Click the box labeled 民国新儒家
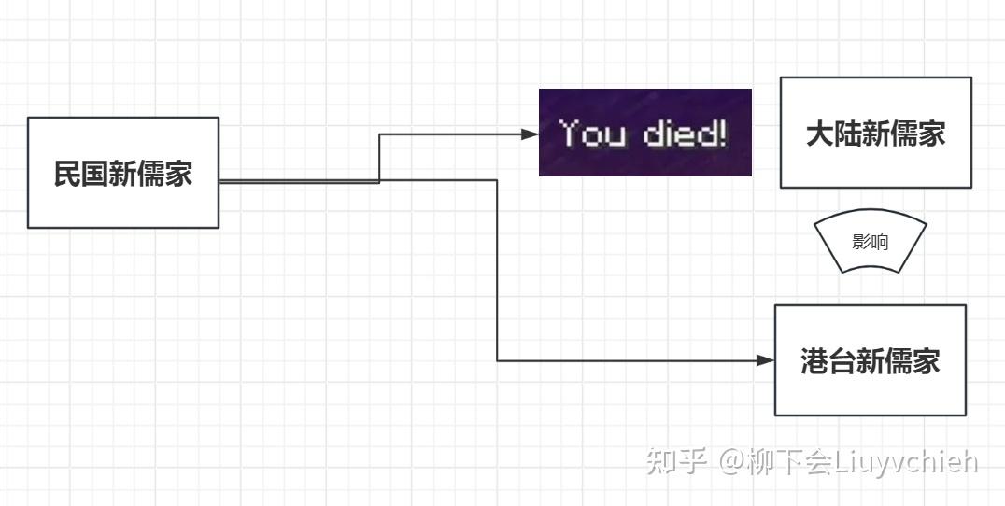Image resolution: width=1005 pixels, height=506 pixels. click(x=122, y=172)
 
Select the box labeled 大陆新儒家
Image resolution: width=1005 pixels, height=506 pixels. click(x=875, y=132)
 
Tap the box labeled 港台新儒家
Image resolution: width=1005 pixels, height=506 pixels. click(x=870, y=360)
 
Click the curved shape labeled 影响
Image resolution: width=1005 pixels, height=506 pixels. click(x=870, y=243)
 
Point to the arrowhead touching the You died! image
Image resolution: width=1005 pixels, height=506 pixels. click(x=530, y=134)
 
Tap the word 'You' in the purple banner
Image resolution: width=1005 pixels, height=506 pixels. click(x=592, y=134)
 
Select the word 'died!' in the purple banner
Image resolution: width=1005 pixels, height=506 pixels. click(x=686, y=134)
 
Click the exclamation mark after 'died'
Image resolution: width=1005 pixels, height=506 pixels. click(x=721, y=134)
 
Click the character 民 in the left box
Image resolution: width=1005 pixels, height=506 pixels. click(x=67, y=175)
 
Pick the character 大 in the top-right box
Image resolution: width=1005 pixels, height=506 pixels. click(x=820, y=134)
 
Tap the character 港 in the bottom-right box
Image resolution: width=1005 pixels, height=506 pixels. click(x=814, y=362)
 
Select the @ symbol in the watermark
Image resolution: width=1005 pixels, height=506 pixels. click(x=730, y=461)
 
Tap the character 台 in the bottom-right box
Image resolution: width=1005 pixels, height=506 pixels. click(x=842, y=362)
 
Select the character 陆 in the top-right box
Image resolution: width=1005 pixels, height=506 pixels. click(x=848, y=134)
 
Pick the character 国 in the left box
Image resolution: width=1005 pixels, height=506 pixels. click(x=94, y=175)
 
